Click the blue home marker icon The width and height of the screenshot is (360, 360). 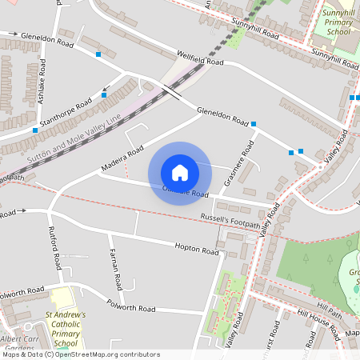coord(179,172)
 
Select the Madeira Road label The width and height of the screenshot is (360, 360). coord(122,159)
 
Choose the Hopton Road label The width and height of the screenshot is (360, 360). coord(196,249)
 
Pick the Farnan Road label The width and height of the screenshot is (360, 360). coord(115,269)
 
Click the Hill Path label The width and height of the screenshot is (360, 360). coord(329,306)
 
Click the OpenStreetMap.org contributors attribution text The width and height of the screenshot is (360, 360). coord(108,354)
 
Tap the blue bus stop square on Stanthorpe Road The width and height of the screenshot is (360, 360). coord(104,95)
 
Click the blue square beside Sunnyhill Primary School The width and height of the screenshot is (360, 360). coord(352,98)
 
